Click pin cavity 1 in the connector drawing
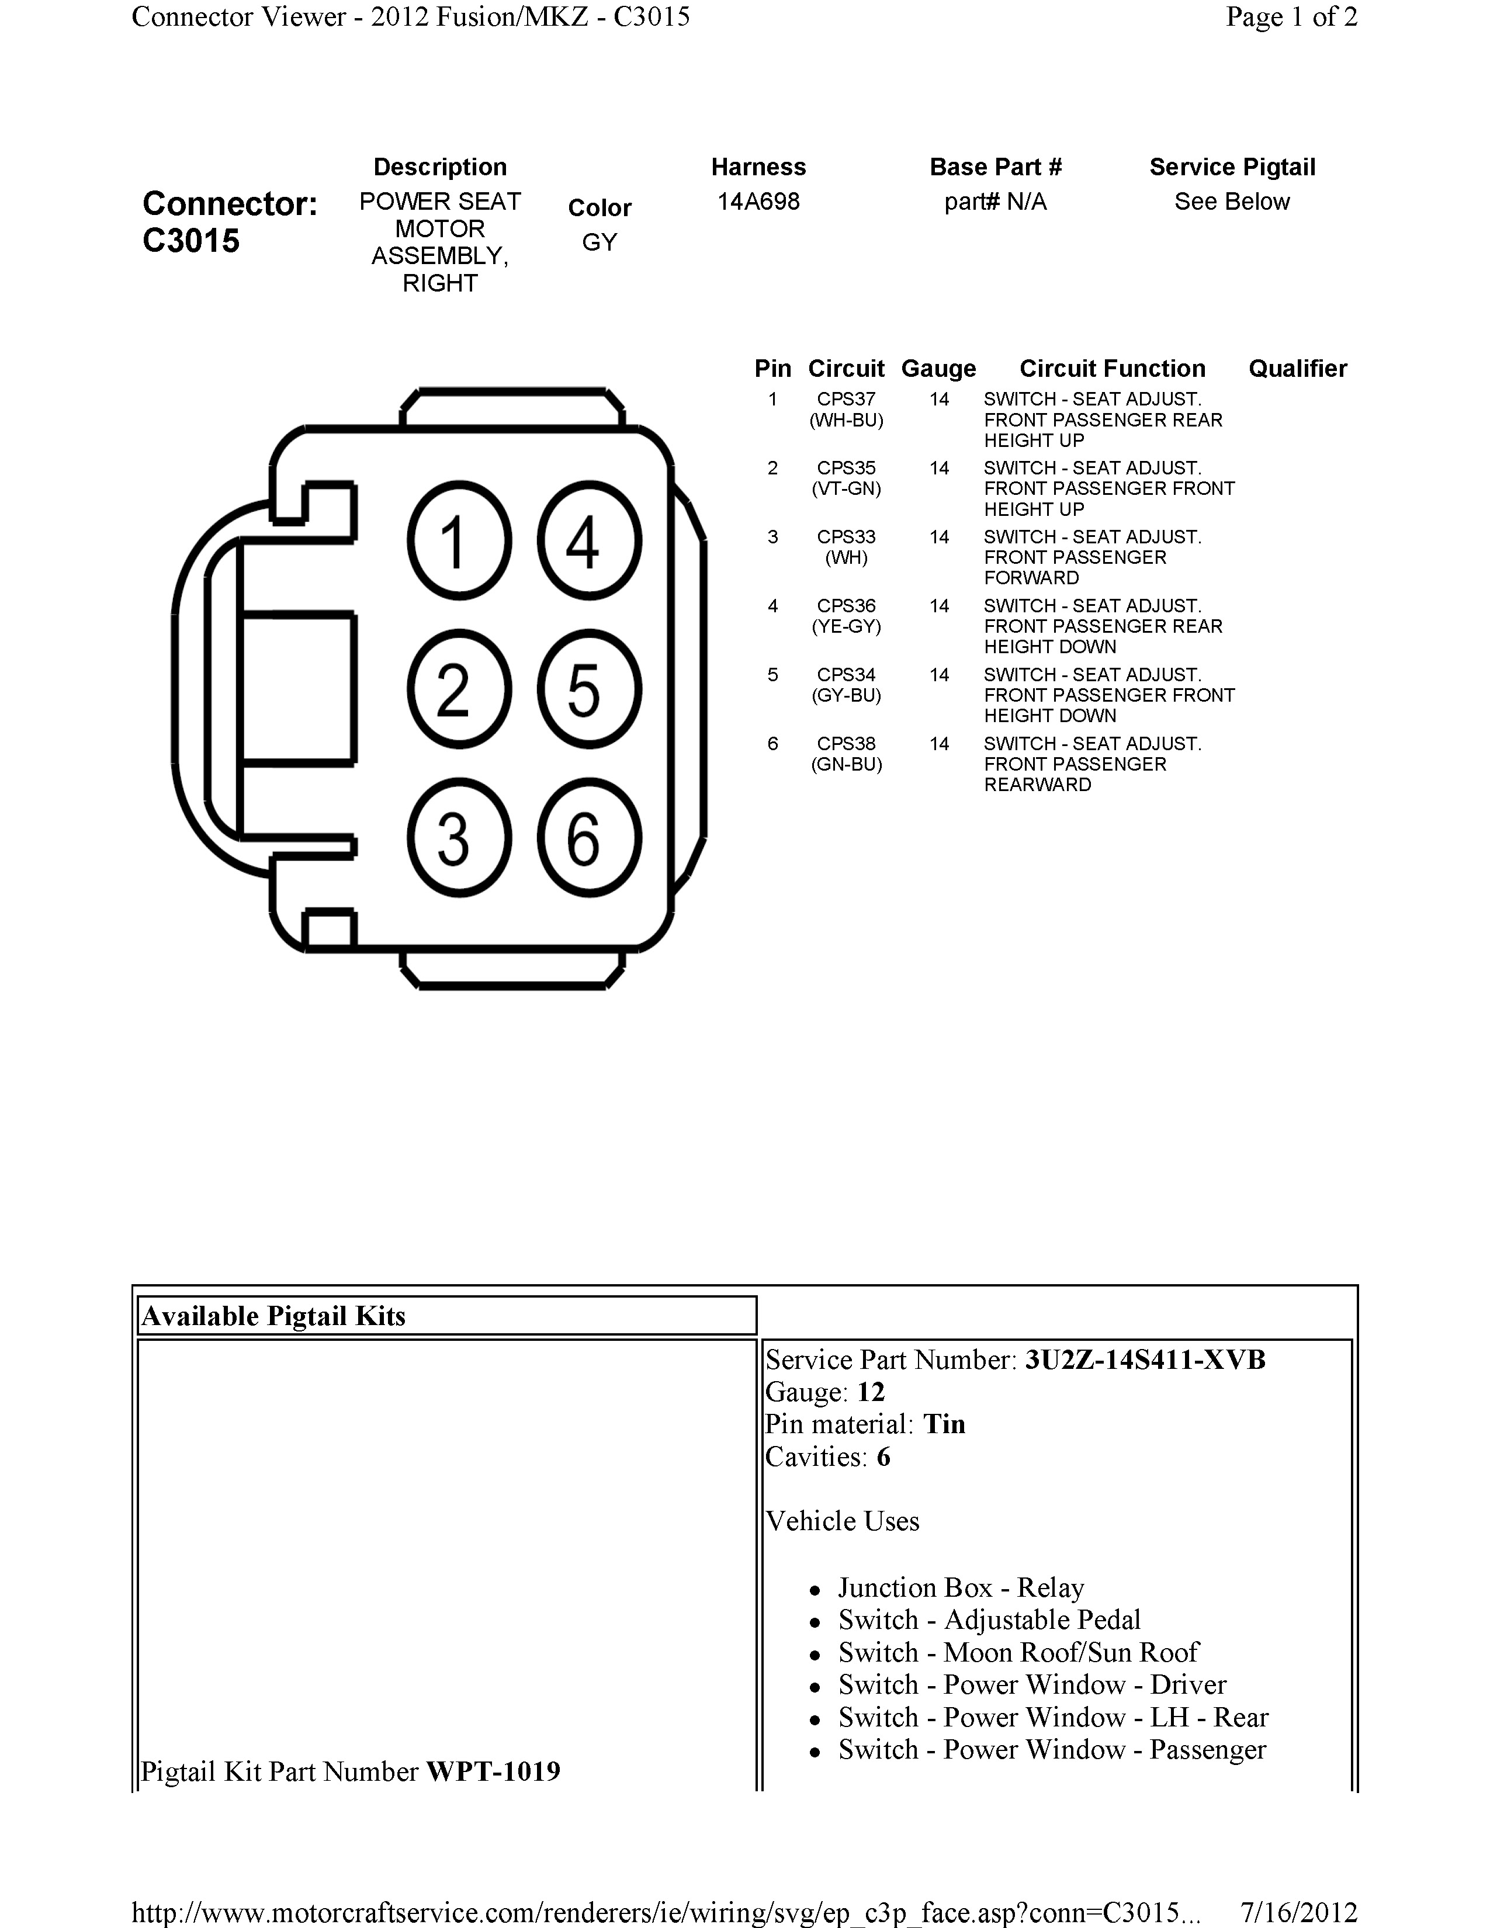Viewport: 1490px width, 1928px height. (459, 540)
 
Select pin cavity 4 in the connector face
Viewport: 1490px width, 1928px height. (589, 540)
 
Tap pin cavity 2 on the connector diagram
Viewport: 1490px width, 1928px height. (459, 689)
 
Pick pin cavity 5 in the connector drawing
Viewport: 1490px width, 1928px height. (589, 689)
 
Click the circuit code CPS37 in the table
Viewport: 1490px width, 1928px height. (846, 399)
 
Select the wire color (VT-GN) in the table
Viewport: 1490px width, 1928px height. (846, 488)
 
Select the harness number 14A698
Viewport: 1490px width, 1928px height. (758, 202)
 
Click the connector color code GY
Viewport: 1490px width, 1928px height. (600, 242)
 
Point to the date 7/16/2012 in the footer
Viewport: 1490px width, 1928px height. (1298, 1912)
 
